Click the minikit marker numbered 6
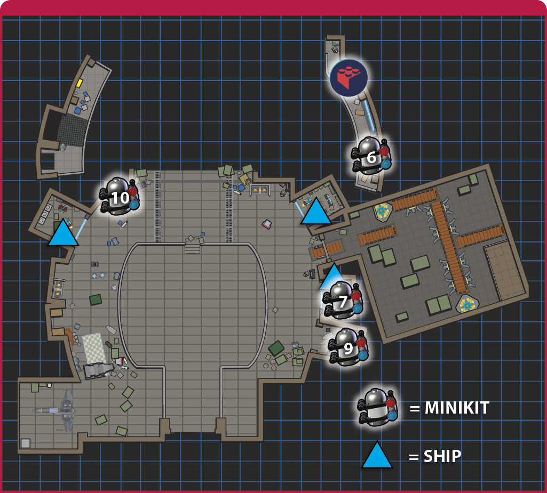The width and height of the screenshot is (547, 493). point(371,156)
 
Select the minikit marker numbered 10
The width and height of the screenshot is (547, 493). point(120,196)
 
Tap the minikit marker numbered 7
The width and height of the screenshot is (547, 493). point(343,300)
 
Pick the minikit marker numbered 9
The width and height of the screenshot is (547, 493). point(348,346)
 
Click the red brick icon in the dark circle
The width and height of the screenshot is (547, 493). point(348,78)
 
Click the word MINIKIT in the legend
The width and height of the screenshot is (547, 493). point(457,408)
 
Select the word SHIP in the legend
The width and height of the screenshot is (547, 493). point(442,456)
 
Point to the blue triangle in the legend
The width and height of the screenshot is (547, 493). point(377,455)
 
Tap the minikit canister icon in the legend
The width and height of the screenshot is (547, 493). point(377,407)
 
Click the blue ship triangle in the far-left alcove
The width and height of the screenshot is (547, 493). point(63,233)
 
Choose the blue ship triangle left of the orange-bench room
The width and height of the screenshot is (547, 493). point(316,212)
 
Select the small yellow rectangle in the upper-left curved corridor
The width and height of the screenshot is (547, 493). point(79,83)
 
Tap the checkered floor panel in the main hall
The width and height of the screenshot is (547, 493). point(93,348)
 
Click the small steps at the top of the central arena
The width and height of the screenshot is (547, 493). point(192,248)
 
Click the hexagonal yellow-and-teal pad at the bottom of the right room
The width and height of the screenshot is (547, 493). point(467,304)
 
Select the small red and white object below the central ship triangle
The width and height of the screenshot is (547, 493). point(267,224)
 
